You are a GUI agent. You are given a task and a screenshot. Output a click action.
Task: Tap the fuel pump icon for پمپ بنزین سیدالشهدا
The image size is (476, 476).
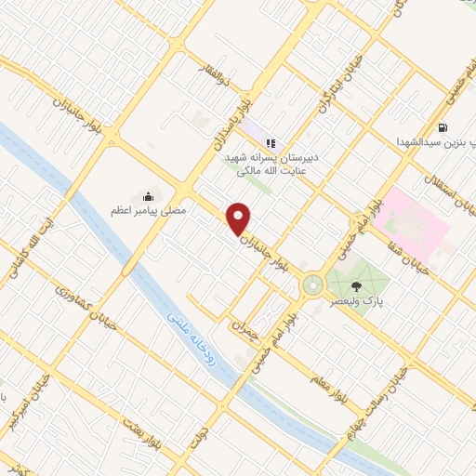click(441, 126)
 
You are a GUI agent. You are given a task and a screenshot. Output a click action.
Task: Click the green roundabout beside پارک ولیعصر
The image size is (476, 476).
click(312, 284)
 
